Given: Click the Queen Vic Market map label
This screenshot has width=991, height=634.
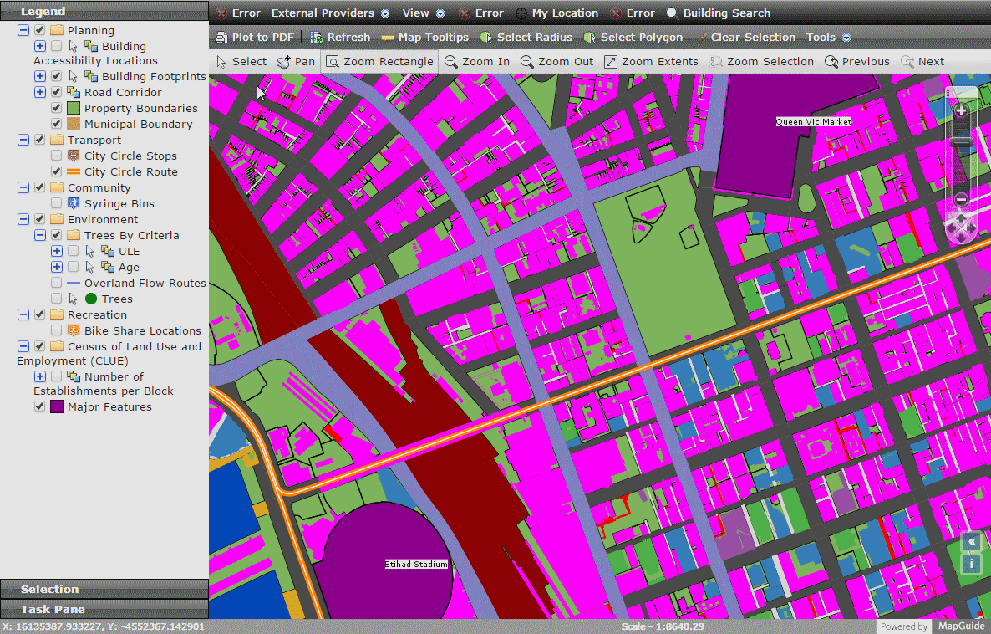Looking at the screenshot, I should [814, 121].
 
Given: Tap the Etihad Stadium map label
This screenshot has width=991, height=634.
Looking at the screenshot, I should [416, 564].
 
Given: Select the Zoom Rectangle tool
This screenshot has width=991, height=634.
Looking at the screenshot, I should [379, 61].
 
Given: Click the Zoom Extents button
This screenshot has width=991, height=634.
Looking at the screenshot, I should [651, 61].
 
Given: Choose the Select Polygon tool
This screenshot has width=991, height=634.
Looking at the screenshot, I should [633, 37].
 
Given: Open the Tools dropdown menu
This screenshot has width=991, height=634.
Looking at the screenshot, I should [828, 37].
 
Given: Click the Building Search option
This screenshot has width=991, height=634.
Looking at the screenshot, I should [718, 13].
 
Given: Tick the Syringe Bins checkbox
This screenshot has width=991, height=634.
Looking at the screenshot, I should [56, 203].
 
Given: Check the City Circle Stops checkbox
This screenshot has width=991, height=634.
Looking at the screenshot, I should [56, 156].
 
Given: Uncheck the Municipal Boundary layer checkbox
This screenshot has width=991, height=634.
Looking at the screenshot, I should [56, 124].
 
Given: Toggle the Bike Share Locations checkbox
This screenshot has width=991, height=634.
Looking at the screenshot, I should [56, 330].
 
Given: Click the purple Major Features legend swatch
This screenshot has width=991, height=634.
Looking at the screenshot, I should [57, 406].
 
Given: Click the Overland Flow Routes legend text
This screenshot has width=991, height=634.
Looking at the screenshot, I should [145, 283].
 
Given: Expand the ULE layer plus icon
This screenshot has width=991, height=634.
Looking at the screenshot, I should [57, 251].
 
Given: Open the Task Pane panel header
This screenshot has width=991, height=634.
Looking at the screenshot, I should [53, 609].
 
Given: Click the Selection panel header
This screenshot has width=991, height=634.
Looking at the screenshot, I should [49, 589].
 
